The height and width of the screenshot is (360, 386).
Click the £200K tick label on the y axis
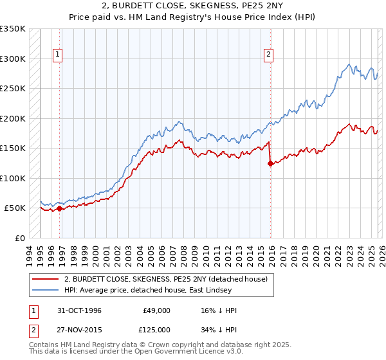[x=13, y=118]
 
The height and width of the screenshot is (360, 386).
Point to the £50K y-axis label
[x=15, y=208]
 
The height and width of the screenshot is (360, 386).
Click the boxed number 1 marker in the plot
[x=58, y=55]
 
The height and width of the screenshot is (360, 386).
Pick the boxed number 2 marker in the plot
[x=268, y=55]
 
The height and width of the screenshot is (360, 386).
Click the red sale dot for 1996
[x=60, y=208]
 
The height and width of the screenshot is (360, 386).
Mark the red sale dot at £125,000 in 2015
[x=270, y=163]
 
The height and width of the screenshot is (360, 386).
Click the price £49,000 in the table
[x=156, y=310]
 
